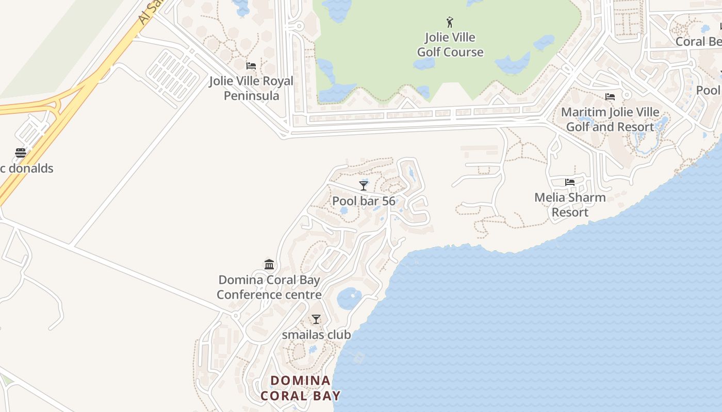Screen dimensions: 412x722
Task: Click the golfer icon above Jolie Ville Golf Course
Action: coord(450,22)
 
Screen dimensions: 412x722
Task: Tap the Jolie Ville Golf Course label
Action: coord(450,45)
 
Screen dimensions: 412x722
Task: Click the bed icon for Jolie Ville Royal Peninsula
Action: coord(251,66)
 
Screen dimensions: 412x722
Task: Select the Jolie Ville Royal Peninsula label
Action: coord(251,88)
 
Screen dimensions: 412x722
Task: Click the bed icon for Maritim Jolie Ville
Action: coord(610,97)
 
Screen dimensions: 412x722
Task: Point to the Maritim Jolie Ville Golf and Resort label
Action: coord(610,119)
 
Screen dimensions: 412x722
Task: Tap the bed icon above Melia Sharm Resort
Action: coord(570,182)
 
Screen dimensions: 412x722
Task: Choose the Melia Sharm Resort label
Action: coord(570,204)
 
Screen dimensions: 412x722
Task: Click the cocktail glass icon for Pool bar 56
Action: coord(364,185)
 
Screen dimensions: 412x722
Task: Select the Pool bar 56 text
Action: coord(364,201)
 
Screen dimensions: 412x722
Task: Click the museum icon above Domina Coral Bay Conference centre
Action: coord(269,265)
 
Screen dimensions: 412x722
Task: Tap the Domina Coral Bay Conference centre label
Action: coord(269,287)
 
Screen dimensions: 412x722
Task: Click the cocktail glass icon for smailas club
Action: coord(316,319)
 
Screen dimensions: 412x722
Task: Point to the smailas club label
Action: coord(316,335)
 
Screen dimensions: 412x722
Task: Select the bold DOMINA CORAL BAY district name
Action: coord(301,388)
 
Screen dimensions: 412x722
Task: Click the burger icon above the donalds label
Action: coord(21,153)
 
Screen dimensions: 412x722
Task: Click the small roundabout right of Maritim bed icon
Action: coord(627,95)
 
